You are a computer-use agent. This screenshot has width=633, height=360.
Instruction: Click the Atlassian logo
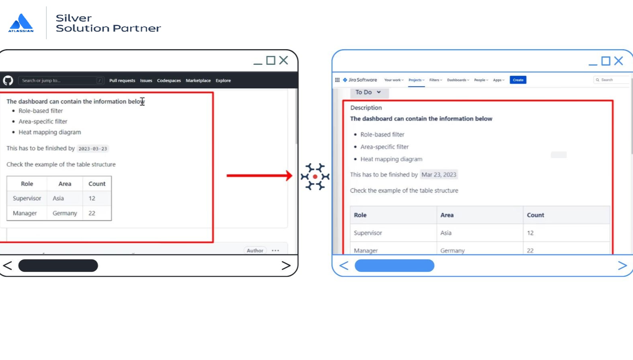(x=21, y=23)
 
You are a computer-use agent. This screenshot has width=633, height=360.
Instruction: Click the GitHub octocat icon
(x=8, y=80)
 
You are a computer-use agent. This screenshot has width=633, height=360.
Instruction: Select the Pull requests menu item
(x=122, y=80)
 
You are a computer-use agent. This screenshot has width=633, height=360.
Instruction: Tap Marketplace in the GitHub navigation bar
(x=198, y=80)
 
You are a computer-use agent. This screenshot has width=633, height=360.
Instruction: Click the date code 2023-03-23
(x=93, y=149)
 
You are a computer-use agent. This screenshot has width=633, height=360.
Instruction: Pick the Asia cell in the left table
(x=58, y=198)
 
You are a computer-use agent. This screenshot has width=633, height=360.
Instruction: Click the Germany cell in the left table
(x=65, y=213)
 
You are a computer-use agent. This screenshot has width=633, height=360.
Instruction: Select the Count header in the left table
(x=97, y=184)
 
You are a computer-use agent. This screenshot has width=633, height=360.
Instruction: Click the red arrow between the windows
(x=259, y=176)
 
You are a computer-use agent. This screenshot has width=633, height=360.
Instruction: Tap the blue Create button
(x=518, y=80)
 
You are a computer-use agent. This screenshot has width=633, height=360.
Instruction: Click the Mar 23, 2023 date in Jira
(x=439, y=175)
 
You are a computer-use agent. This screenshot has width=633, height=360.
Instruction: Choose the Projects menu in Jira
(x=416, y=80)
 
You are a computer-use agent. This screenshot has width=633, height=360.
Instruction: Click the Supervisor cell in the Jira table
(x=368, y=233)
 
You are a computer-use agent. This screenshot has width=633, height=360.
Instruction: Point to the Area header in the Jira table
(x=447, y=215)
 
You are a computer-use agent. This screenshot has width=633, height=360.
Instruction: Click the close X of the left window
(x=283, y=60)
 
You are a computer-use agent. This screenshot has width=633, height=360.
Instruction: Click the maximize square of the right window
(x=605, y=61)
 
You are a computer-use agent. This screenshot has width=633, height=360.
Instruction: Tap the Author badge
(x=255, y=250)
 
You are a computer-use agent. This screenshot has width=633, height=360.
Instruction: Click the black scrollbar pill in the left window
(x=58, y=266)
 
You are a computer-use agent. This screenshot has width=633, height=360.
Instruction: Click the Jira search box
(x=611, y=80)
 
